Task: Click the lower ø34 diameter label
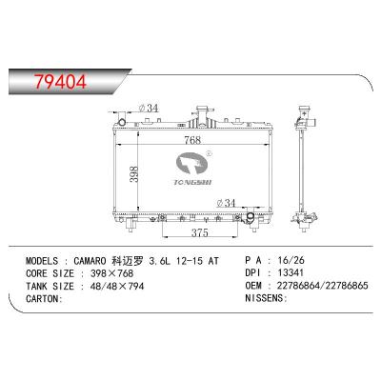click(x=228, y=202)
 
